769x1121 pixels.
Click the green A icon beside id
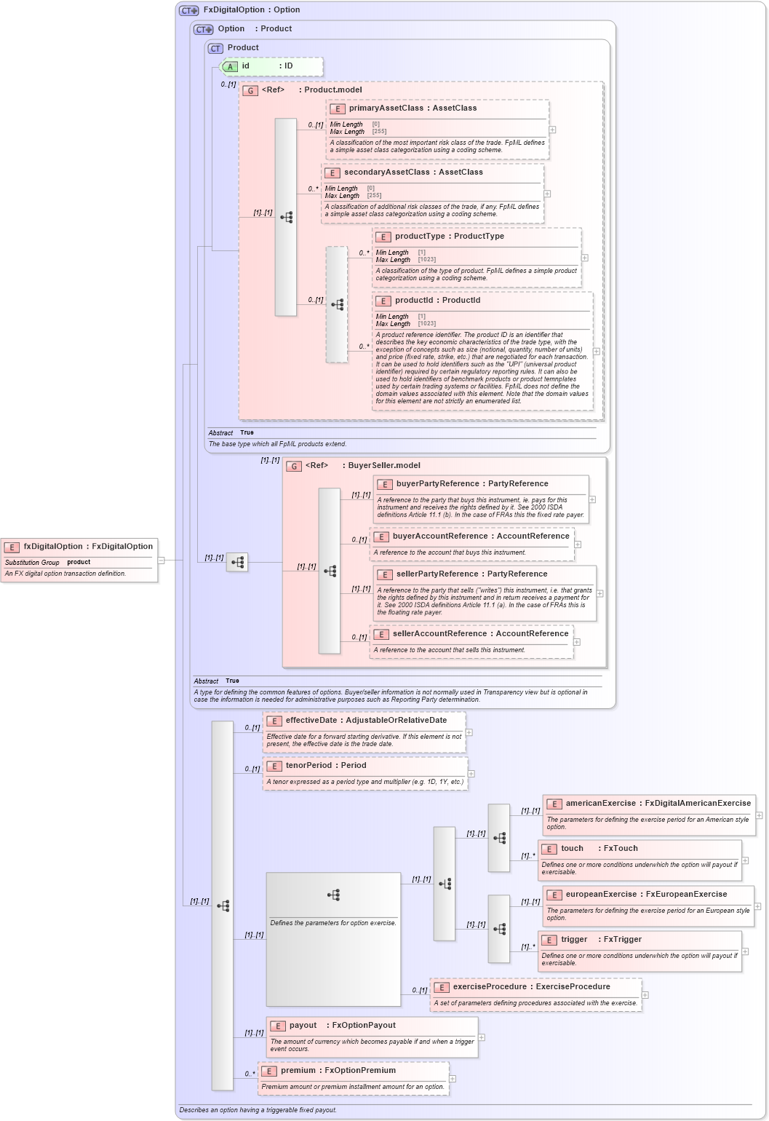(x=230, y=66)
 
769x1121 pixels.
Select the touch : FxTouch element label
(x=599, y=849)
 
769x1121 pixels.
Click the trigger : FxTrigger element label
(x=601, y=940)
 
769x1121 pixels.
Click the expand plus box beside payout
(x=482, y=1038)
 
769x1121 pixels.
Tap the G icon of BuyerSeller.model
(x=294, y=466)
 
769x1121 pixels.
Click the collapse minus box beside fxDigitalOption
(x=162, y=560)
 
